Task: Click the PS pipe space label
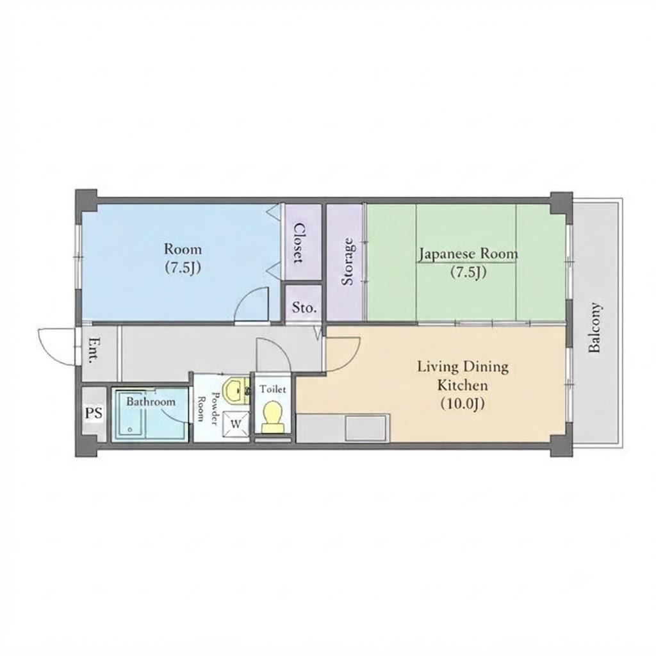point(94,413)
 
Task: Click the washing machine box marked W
point(236,424)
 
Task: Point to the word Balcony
point(594,327)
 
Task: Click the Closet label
point(299,243)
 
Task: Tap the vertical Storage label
point(348,261)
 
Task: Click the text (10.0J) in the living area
point(463,404)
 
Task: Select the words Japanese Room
point(468,254)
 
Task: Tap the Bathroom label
point(151,402)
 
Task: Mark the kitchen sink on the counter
point(366,427)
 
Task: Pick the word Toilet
point(273,389)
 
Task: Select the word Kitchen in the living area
point(463,385)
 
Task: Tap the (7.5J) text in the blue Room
point(183,268)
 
